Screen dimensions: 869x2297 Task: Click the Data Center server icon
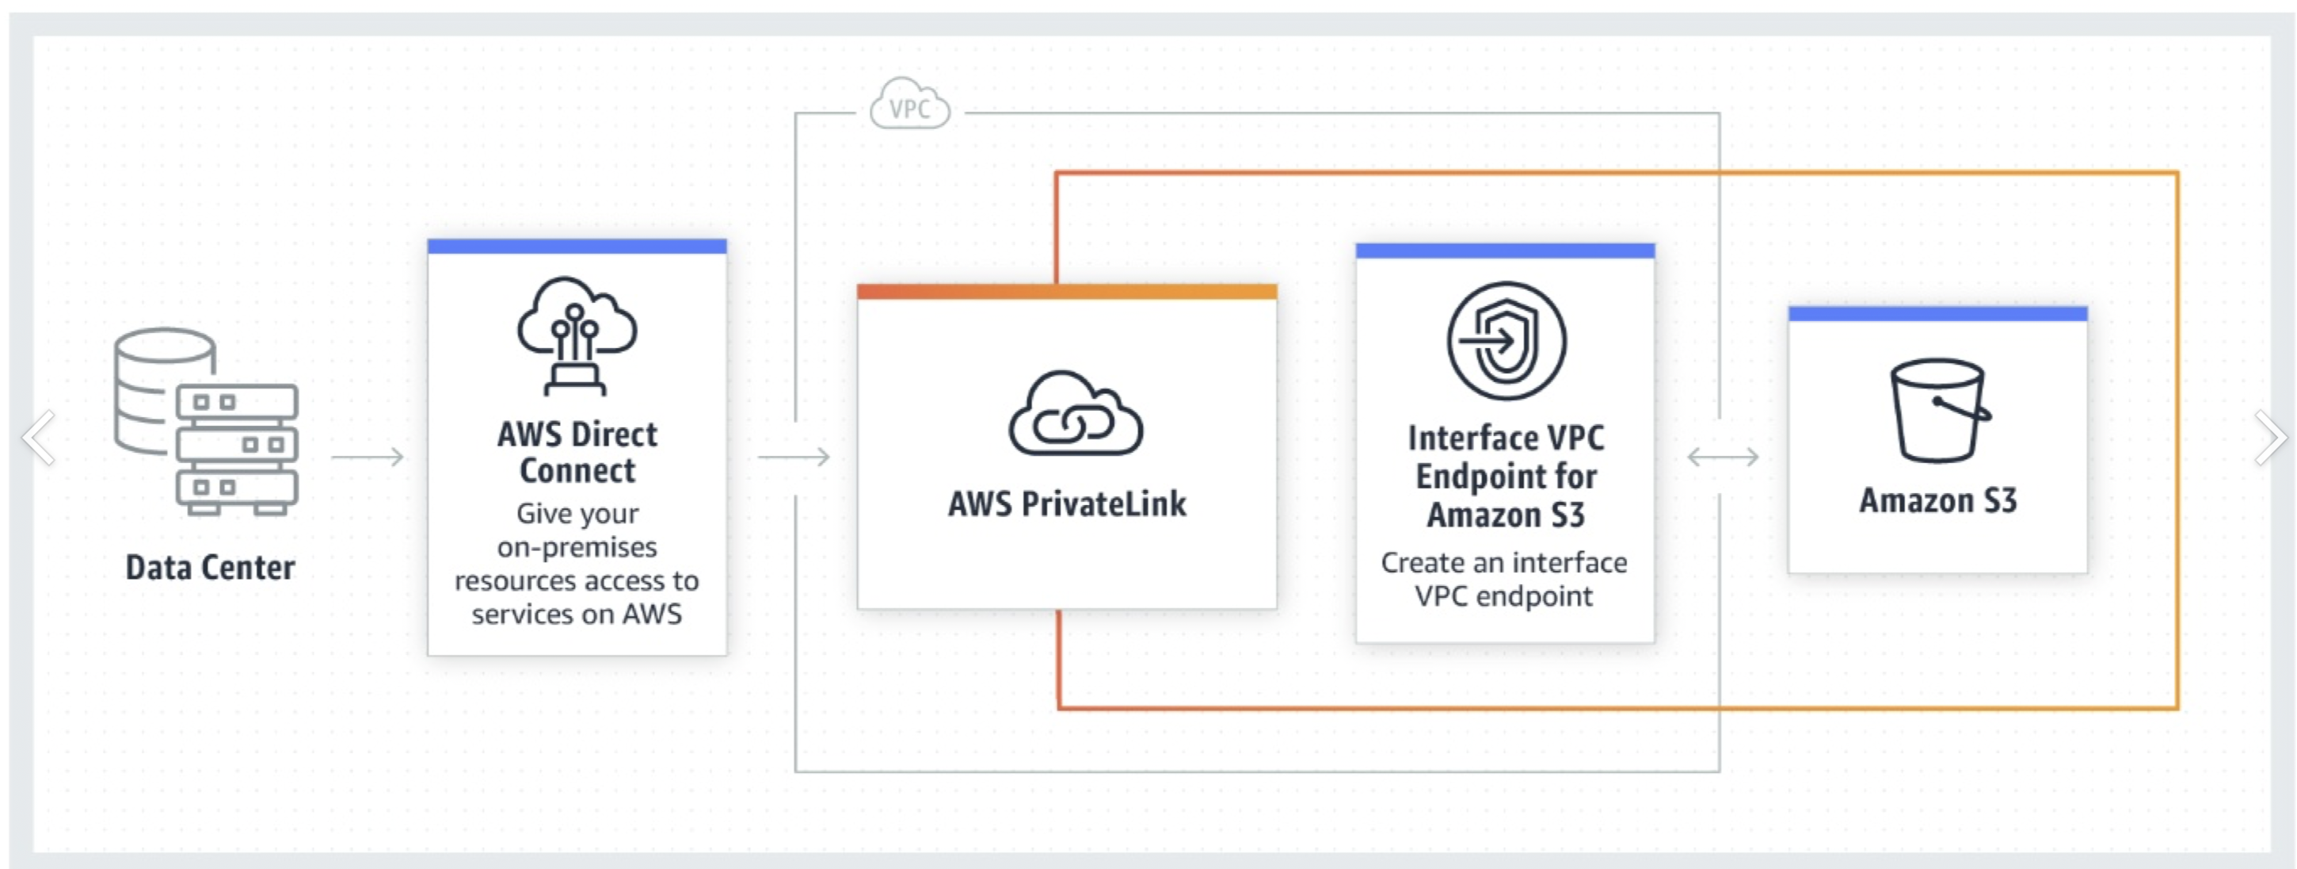[207, 421]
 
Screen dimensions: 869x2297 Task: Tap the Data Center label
[211, 568]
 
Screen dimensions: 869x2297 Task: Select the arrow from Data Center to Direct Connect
[368, 457]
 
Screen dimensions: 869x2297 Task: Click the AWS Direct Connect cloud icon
[577, 335]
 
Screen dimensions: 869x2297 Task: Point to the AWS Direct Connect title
[577, 453]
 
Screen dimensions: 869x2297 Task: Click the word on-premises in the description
[577, 547]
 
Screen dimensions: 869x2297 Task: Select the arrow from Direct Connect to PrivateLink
[794, 457]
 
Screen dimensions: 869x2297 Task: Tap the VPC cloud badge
[909, 106]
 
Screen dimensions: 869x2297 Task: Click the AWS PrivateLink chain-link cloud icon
[1076, 414]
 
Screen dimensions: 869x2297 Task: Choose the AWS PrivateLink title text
[1066, 504]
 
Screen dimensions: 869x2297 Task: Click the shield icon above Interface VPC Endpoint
[1505, 341]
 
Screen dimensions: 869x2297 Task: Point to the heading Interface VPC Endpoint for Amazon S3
[1505, 477]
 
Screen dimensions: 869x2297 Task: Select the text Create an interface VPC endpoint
[1504, 579]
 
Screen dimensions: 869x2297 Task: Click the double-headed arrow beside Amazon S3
[1723, 457]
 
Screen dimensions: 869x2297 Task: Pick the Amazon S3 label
[1937, 500]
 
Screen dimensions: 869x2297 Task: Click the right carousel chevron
[2270, 437]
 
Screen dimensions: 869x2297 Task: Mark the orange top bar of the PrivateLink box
[1066, 292]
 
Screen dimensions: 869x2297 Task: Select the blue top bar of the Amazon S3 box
[1937, 313]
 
